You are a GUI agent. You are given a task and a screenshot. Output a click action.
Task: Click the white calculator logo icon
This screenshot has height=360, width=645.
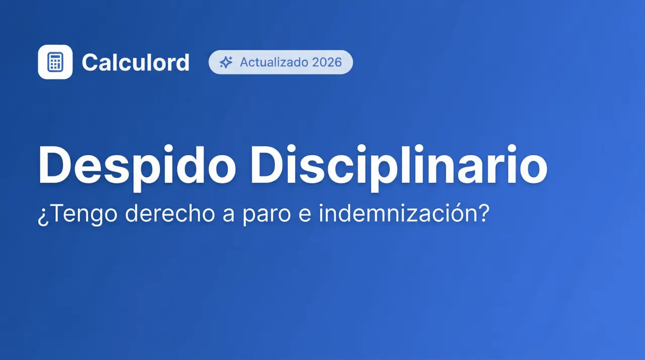(55, 62)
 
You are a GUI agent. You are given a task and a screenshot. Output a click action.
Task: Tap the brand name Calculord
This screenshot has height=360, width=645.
(136, 63)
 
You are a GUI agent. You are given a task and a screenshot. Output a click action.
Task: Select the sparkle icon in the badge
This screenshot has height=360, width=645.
(226, 63)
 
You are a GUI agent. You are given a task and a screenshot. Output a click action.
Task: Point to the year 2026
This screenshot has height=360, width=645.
(327, 63)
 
